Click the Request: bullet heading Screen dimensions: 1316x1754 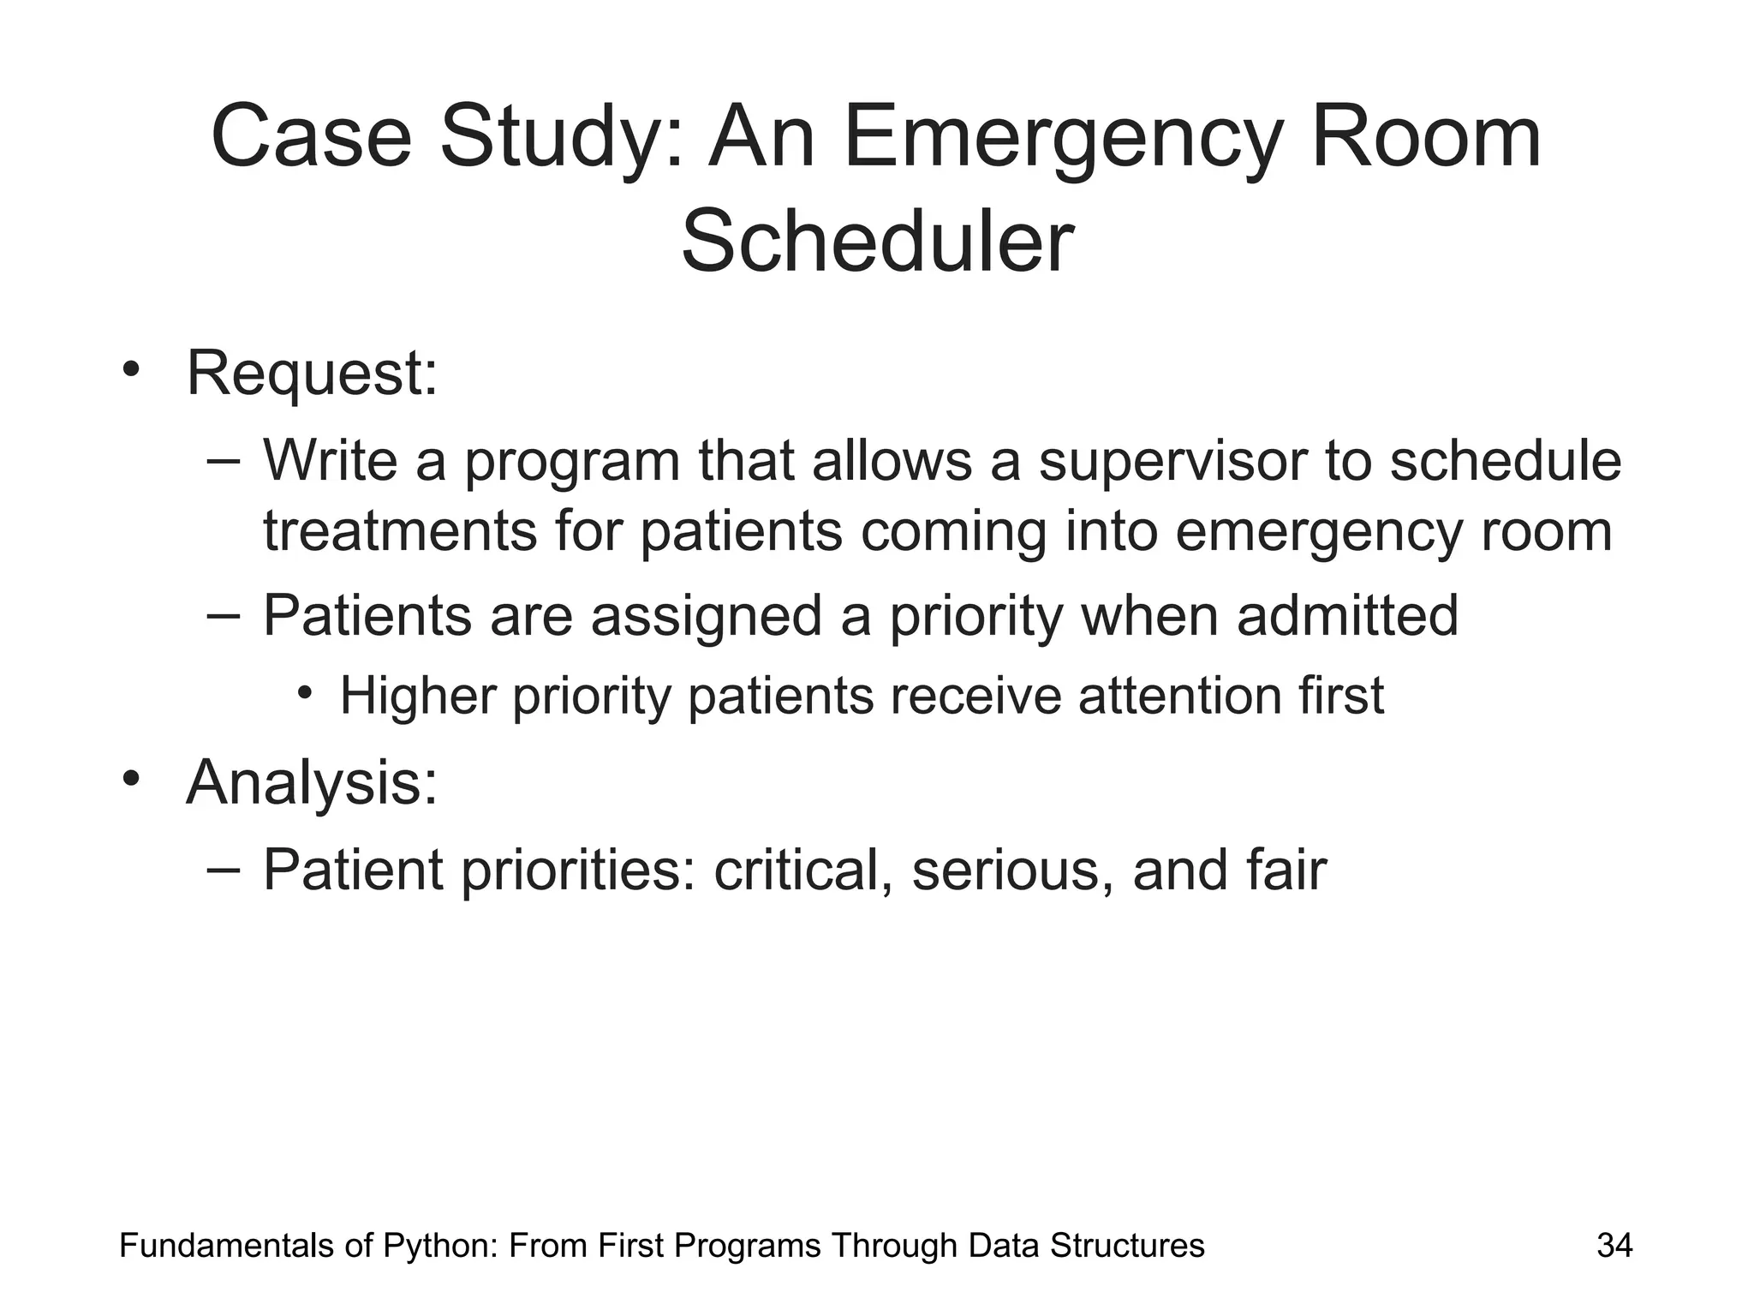click(x=312, y=374)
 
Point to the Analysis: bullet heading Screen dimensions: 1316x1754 click(x=312, y=782)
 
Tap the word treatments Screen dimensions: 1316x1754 click(x=399, y=531)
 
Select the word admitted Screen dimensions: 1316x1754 click(x=1347, y=615)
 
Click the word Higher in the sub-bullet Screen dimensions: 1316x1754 click(x=418, y=695)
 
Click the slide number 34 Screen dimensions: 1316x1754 click(x=1614, y=1246)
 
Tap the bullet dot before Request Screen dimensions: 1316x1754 click(x=130, y=370)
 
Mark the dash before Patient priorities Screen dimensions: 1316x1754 click(x=224, y=868)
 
